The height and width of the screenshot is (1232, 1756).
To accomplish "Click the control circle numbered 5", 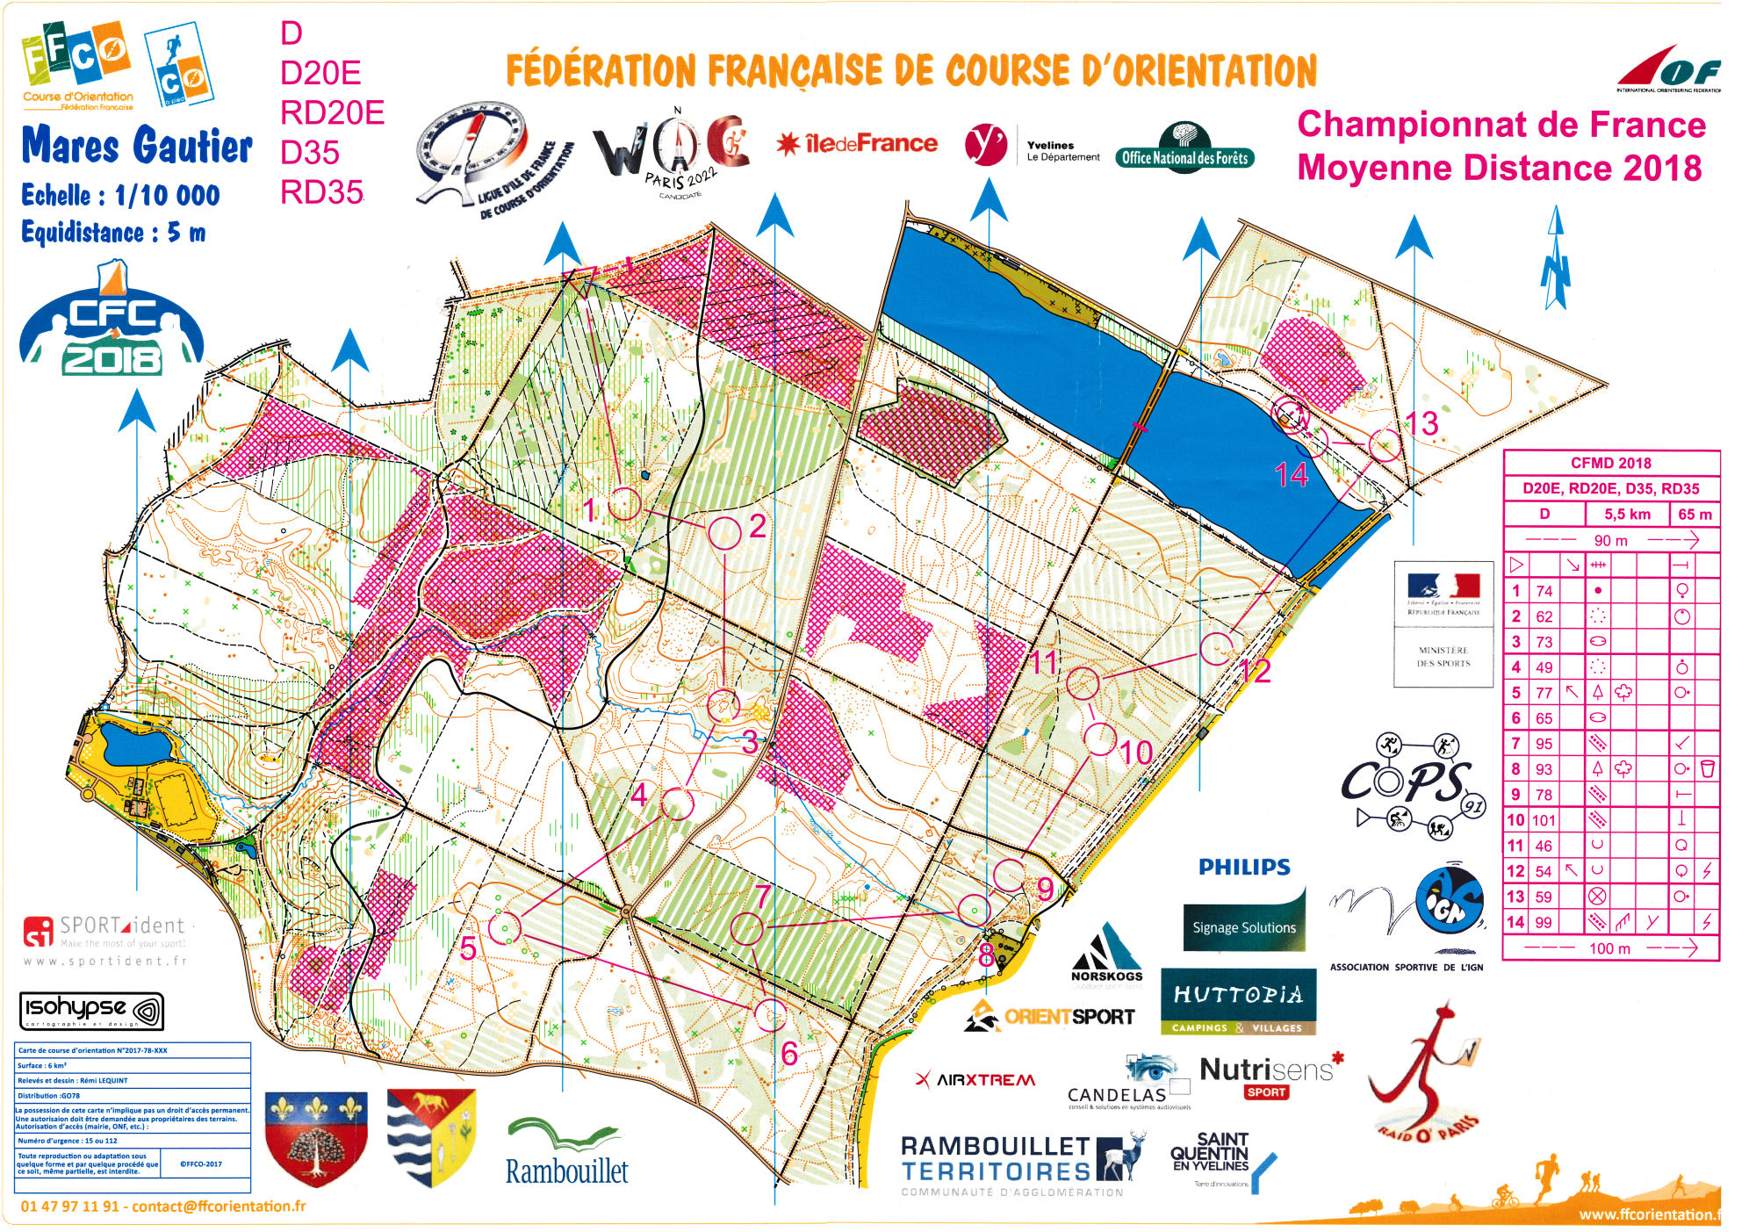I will [504, 927].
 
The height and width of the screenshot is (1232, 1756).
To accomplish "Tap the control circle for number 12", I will [1217, 648].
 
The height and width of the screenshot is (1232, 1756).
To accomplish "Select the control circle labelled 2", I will [724, 533].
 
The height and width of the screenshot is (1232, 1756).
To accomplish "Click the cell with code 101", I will [1544, 820].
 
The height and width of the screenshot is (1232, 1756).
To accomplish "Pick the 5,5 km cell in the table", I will [1627, 514].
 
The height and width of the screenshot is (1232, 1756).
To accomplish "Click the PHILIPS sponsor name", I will [1244, 867].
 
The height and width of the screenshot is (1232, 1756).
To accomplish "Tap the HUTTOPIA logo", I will [1238, 1002].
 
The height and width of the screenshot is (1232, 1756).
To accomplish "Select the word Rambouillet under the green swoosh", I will [566, 1171].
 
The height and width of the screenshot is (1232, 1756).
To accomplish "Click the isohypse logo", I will [91, 1010].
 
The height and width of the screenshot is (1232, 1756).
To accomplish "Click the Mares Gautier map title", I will [136, 145].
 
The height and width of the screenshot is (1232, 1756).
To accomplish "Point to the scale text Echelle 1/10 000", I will [120, 195].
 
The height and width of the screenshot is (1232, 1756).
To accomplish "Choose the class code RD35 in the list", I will [321, 192].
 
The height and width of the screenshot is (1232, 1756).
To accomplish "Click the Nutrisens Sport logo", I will [1266, 1077].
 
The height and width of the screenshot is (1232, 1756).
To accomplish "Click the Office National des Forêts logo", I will [1184, 148].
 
